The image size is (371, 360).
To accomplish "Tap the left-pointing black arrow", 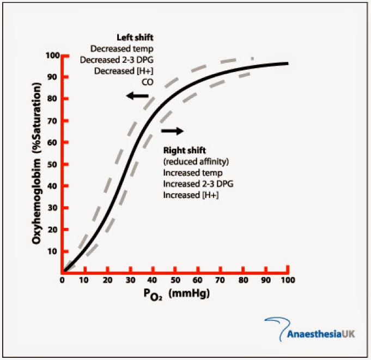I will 137,96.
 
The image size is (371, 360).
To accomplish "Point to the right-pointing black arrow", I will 172,131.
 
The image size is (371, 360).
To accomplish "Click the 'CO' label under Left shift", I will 148,82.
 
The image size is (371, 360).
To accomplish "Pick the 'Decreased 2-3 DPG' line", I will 124,59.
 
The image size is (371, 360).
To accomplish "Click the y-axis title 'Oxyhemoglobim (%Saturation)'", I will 37,164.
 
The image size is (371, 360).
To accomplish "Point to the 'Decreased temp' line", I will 129,49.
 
